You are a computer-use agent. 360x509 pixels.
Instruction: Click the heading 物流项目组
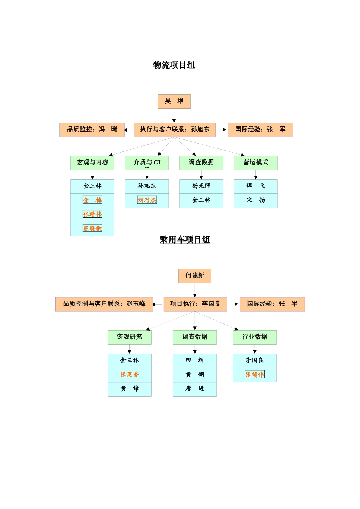(174, 65)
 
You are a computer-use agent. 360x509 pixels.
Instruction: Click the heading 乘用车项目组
(185, 240)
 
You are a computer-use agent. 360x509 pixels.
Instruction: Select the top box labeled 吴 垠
(174, 101)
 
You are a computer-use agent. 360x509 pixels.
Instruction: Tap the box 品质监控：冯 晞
(92, 130)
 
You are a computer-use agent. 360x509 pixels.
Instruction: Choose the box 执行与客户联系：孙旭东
(174, 130)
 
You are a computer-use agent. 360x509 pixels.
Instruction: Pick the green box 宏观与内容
(92, 162)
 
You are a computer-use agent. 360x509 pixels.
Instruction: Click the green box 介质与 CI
(147, 162)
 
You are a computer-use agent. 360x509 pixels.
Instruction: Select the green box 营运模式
(255, 162)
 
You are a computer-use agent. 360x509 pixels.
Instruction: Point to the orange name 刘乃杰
(147, 200)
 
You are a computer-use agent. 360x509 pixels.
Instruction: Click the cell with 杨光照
(201, 186)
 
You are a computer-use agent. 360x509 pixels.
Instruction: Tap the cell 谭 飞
(255, 186)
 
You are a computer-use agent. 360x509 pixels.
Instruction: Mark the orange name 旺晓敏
(92, 228)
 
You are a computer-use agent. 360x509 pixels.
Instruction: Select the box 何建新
(195, 276)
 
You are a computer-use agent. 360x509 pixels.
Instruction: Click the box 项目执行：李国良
(195, 304)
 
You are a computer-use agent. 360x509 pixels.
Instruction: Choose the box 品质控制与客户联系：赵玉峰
(104, 304)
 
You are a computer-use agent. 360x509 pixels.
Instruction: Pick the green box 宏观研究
(129, 337)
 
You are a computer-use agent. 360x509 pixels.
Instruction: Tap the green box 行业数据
(254, 337)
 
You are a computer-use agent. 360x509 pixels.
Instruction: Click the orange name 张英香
(129, 375)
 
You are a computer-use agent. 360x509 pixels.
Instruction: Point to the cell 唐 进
(195, 389)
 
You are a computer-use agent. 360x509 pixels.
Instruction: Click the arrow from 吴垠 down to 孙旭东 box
(174, 116)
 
